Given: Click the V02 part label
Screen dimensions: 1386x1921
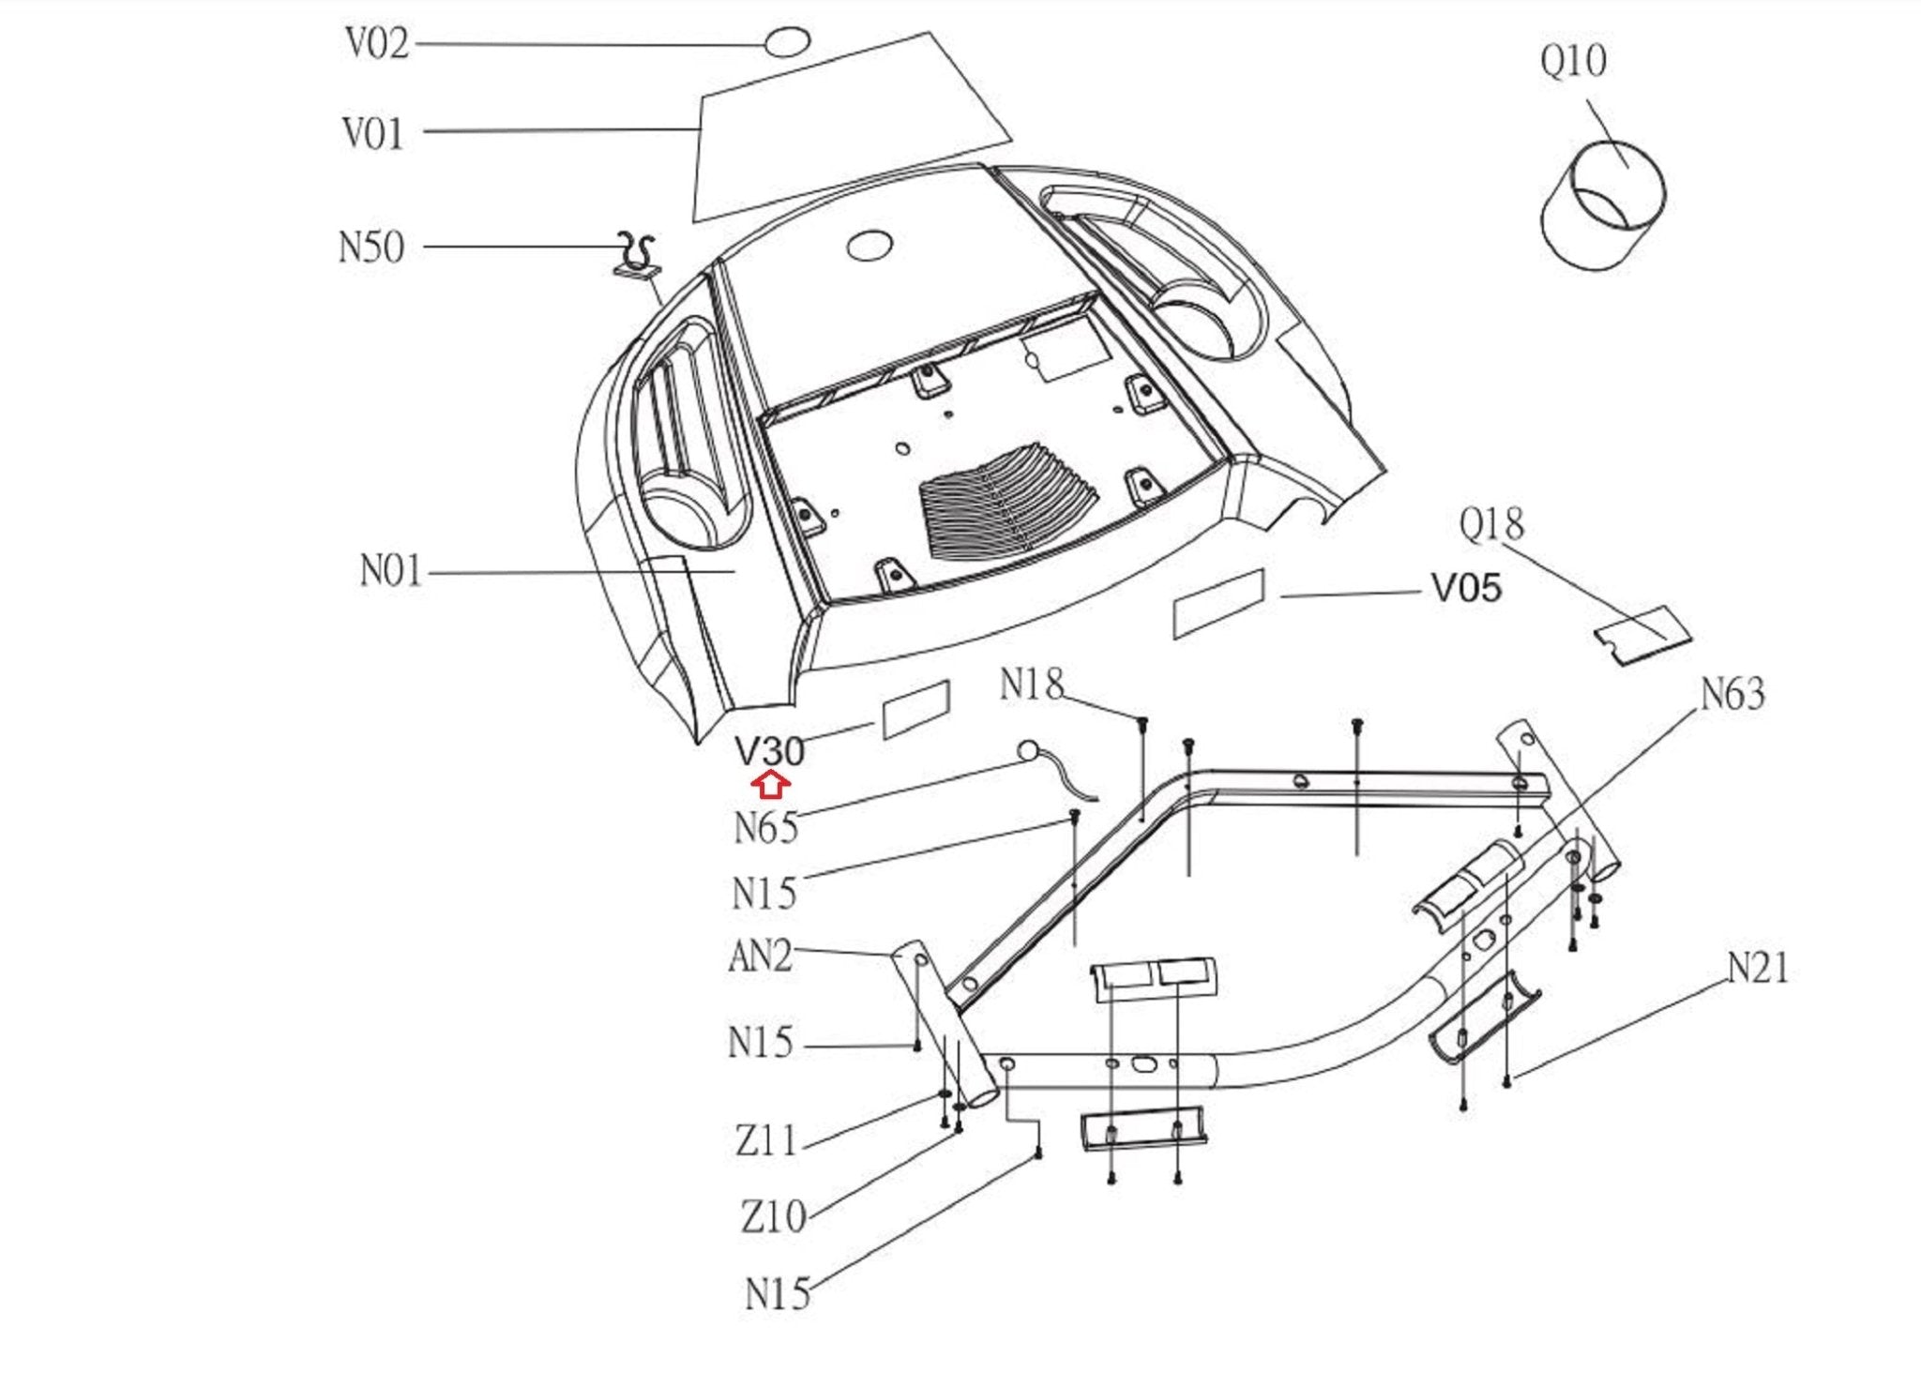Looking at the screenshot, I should tap(377, 44).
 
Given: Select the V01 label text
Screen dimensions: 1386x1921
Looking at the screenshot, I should tap(373, 133).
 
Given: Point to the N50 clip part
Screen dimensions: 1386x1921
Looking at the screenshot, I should tap(636, 257).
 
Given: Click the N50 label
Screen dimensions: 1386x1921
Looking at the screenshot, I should tap(371, 248).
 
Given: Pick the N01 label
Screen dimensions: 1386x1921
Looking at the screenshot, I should tap(391, 570).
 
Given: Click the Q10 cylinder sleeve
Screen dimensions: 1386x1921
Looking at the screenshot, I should tap(1602, 206).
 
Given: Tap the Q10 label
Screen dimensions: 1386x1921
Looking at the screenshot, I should tap(1573, 62).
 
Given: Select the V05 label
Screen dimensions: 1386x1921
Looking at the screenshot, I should tap(1466, 589).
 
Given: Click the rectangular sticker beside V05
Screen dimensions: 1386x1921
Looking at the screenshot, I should tap(1218, 603).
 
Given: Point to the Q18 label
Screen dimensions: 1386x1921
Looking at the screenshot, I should tap(1491, 524).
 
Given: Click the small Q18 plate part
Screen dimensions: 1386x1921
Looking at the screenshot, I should tap(1641, 635).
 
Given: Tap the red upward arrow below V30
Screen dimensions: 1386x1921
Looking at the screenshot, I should tap(770, 784).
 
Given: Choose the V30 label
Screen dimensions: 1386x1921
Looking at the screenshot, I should tap(769, 750).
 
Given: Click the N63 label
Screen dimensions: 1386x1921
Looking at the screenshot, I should tap(1732, 695).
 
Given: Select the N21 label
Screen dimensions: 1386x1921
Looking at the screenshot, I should tap(1758, 968).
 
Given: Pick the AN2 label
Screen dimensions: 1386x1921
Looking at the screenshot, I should tap(761, 957).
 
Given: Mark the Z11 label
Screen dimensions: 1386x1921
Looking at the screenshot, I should tap(766, 1140).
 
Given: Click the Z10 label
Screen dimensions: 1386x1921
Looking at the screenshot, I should tap(774, 1216).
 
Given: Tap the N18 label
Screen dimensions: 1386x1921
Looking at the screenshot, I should tap(1032, 685).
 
